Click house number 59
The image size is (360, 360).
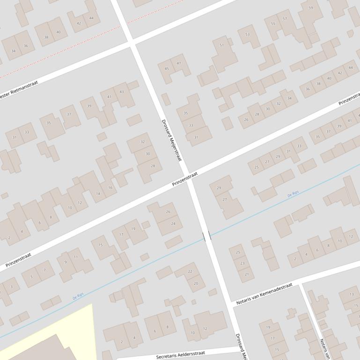pos(311,8)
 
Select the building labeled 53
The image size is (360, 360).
pos(247,35)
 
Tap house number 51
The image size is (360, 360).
pos(222,45)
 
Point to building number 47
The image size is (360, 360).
pos(179,64)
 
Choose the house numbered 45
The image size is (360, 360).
pos(167,69)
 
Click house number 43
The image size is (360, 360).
pos(122,92)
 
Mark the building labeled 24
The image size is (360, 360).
pos(173,223)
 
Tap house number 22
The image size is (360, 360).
pos(190,272)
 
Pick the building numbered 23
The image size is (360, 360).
pos(242,263)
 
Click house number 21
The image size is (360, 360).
pos(247,274)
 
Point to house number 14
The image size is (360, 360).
pos(98,194)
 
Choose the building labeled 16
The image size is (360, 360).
pos(110,188)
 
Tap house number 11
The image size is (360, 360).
pos(76,257)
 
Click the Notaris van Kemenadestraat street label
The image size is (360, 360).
pos(264,294)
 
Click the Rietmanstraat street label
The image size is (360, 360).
pos(19,89)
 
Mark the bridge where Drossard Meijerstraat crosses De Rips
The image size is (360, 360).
pos(206,236)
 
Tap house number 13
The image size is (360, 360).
pos(352,294)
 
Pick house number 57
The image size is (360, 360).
pos(285,19)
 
